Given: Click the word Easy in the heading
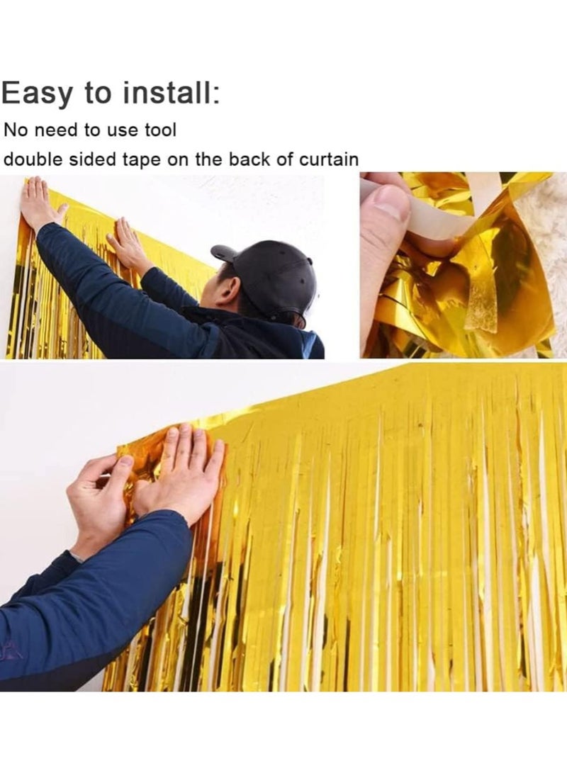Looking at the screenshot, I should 38,94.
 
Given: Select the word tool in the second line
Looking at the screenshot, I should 161,130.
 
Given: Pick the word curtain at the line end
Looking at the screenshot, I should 328,159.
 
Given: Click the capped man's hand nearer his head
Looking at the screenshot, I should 128,244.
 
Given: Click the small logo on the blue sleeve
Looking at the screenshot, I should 9,647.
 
